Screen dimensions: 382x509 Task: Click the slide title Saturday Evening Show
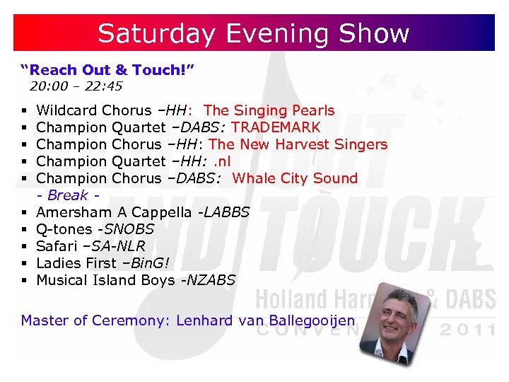click(254, 33)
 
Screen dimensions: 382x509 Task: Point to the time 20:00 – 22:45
click(76, 87)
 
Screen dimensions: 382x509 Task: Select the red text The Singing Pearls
click(269, 110)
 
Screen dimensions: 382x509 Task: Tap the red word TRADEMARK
click(276, 127)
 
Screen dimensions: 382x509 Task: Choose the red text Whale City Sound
click(295, 178)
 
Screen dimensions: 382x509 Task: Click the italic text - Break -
click(67, 195)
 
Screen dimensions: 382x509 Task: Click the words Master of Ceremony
click(95, 320)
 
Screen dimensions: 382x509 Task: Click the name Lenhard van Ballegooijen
click(265, 320)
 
